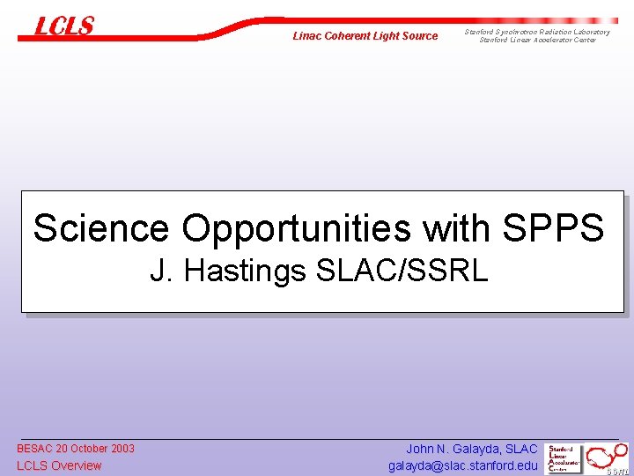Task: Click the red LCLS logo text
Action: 64,26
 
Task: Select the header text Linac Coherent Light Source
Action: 365,36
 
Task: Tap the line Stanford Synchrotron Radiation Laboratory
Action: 537,32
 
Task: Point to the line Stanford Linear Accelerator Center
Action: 537,40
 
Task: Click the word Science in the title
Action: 100,228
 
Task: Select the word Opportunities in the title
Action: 297,228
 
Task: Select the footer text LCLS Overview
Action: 59,465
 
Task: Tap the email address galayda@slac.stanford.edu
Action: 462,465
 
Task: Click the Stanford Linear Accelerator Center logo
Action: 564,458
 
